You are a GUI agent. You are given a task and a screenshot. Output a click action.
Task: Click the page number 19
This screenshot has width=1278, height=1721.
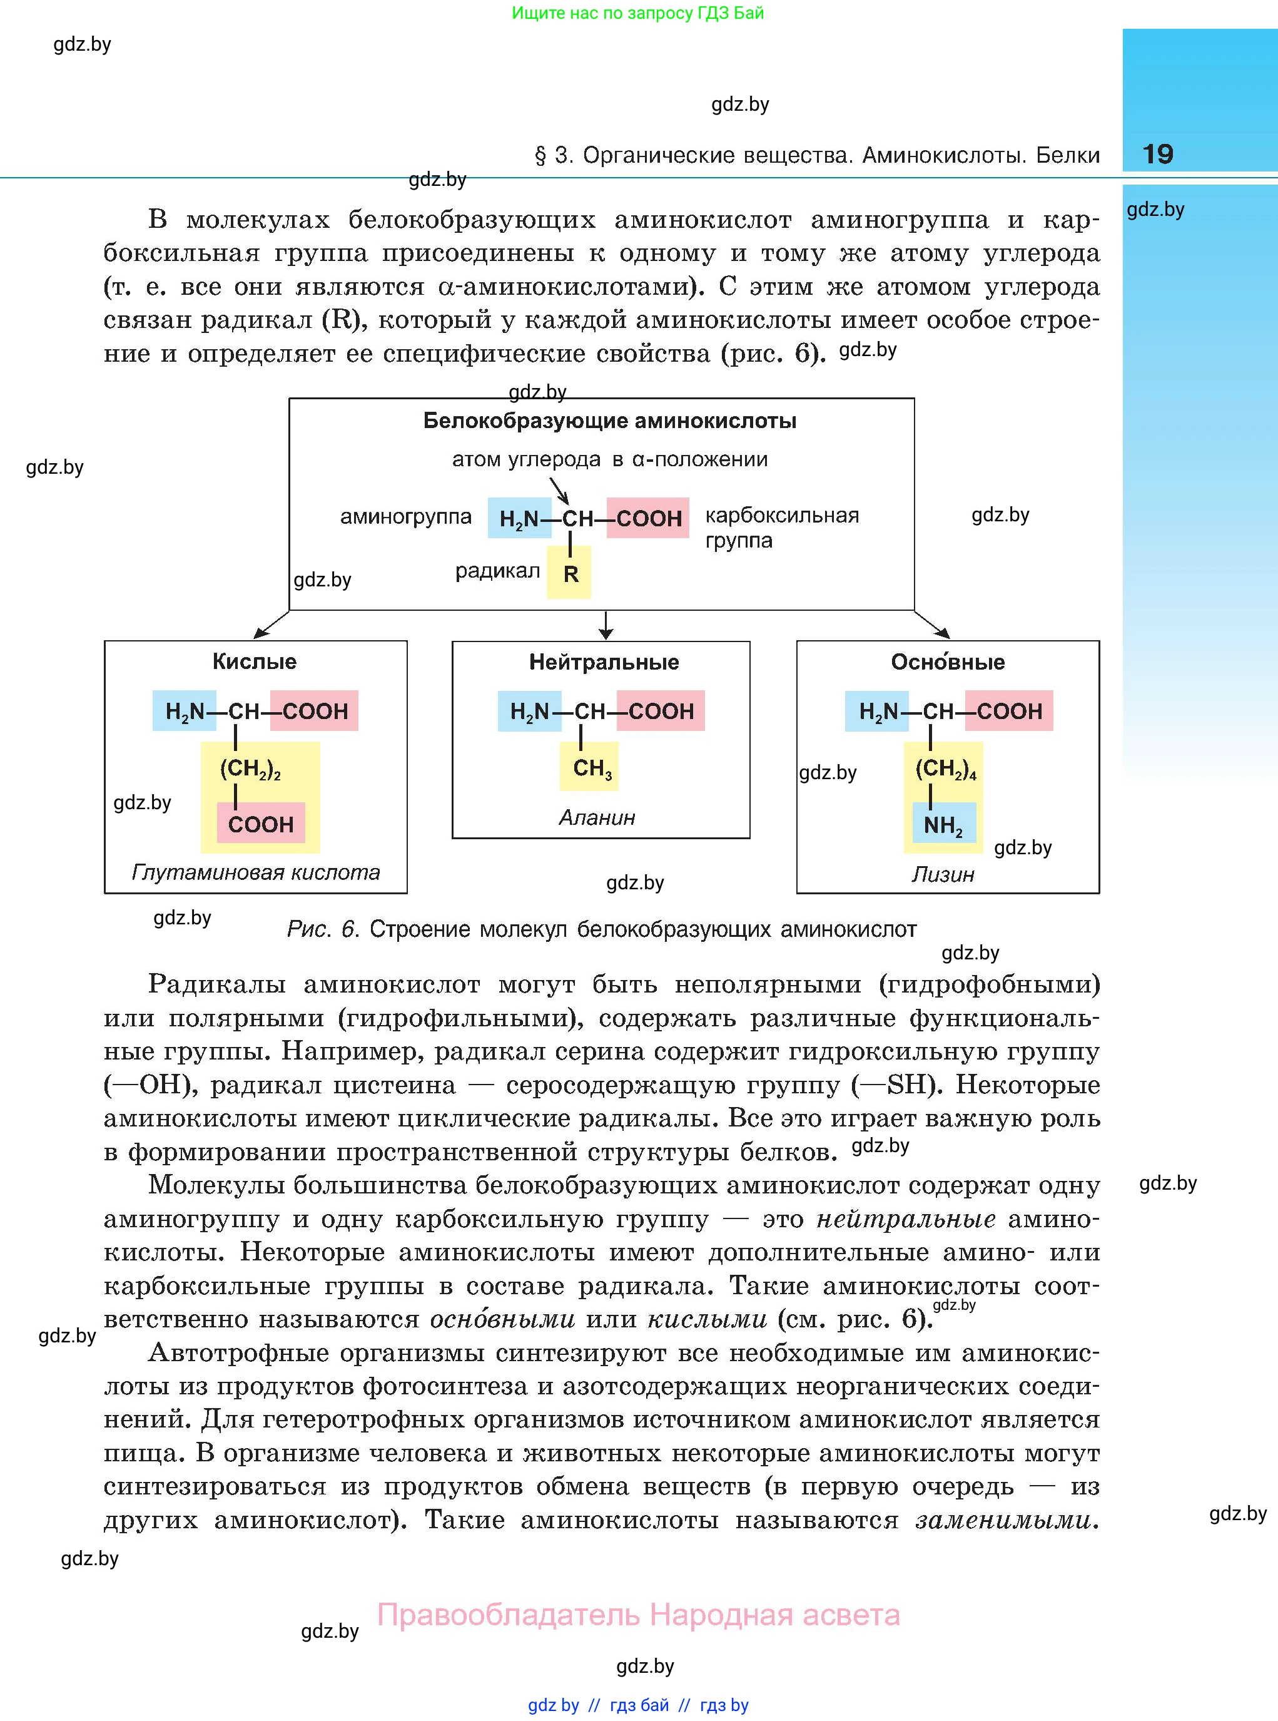coord(1157,154)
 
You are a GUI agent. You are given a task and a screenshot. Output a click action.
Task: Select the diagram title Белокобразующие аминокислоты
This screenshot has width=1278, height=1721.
coord(610,421)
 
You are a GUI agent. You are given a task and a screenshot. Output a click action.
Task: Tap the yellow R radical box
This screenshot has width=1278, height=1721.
coord(570,573)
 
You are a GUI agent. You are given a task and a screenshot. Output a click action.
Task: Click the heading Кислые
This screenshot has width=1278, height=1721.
coord(255,661)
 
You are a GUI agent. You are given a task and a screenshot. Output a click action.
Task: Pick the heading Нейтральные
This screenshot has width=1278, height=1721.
coord(604,662)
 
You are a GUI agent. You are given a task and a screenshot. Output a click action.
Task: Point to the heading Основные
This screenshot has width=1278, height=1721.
coord(948,662)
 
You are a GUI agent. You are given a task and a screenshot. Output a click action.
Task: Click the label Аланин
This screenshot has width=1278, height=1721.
coord(596,818)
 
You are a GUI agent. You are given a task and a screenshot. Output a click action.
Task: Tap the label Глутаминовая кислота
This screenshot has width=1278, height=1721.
coord(255,873)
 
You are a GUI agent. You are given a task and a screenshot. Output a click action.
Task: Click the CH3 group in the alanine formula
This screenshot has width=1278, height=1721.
coord(592,769)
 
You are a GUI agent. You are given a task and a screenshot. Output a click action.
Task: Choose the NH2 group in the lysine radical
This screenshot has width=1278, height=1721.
coord(943,825)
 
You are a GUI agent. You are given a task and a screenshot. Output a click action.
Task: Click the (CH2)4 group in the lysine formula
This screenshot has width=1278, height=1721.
coord(945,770)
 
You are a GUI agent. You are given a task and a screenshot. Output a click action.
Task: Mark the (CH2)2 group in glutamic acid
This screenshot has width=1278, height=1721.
coord(249,770)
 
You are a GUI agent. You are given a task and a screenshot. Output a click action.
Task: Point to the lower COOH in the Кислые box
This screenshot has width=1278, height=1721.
coord(261,824)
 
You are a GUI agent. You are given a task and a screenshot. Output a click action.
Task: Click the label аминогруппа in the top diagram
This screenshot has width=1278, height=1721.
coord(406,517)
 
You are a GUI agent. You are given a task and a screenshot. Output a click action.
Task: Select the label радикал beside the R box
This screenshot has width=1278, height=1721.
coord(497,572)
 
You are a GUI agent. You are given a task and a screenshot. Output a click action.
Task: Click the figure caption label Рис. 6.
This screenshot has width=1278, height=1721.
coord(323,929)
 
